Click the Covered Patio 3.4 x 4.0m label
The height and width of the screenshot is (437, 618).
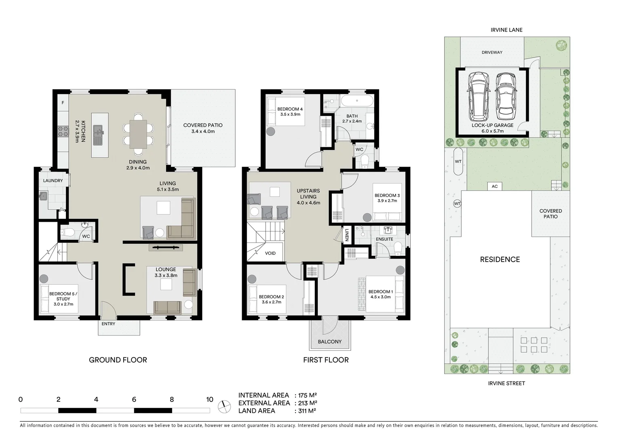click(x=202, y=128)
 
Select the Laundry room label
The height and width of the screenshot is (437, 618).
click(x=53, y=180)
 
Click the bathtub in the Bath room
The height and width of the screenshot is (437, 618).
click(x=356, y=101)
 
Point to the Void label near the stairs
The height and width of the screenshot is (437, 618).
click(x=270, y=253)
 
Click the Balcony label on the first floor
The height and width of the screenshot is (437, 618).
click(x=329, y=342)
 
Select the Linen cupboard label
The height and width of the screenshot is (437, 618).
click(x=347, y=235)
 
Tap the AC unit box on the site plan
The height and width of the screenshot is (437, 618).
click(x=495, y=186)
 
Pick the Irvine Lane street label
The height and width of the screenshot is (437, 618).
click(x=506, y=30)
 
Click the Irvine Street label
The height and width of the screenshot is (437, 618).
click(x=506, y=383)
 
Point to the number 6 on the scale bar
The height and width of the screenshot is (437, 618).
click(x=134, y=400)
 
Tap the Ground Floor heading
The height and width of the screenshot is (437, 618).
click(x=118, y=360)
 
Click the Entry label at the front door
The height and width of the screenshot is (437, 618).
click(x=108, y=324)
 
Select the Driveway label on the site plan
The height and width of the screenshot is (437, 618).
click(x=492, y=52)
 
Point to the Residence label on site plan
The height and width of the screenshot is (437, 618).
click(x=500, y=259)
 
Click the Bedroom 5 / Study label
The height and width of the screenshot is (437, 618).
click(x=63, y=299)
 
